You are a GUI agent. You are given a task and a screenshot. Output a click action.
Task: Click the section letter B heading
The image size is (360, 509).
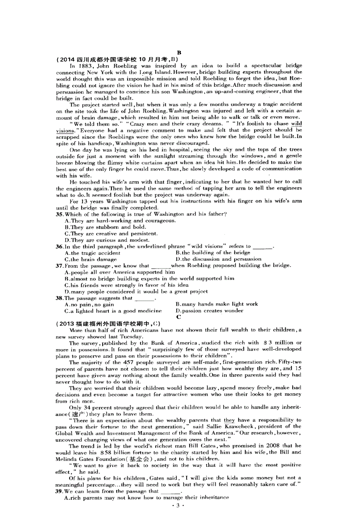coord(179,52)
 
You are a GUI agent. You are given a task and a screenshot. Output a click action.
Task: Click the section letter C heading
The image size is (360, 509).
coord(178,317)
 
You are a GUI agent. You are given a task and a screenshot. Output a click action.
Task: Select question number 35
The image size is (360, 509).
coord(59,214)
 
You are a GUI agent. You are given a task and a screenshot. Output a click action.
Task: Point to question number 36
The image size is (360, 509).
coord(59,246)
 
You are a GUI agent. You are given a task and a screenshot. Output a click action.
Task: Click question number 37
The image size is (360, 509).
coord(59,265)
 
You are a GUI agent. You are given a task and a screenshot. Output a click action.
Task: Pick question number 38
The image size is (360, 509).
coord(59,298)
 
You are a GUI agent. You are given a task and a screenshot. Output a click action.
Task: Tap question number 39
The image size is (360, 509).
coord(59,491)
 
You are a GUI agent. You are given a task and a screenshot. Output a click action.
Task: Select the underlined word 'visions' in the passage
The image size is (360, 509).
coord(65,131)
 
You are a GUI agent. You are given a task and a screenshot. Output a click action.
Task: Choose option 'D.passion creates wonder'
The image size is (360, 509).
coord(209,311)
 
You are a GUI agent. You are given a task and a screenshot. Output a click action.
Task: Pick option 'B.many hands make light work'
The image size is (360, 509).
coord(217,304)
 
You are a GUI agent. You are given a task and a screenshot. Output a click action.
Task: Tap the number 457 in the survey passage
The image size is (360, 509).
coord(123,362)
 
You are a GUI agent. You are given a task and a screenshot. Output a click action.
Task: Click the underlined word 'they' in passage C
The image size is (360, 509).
coord(229,420)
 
